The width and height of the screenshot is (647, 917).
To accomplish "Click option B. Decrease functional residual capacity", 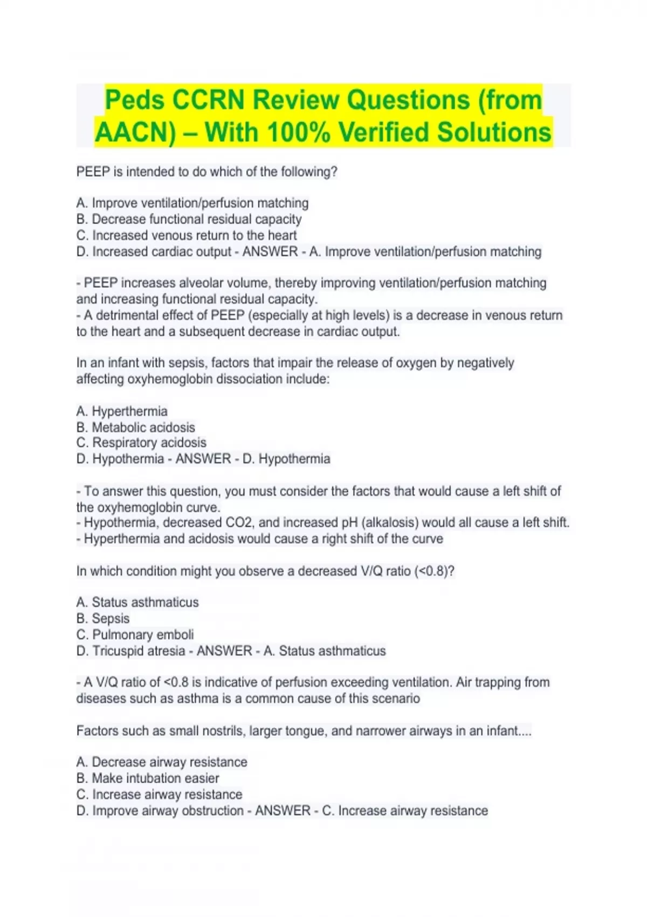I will coord(189,220).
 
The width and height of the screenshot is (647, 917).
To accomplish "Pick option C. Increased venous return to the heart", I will coord(187,236).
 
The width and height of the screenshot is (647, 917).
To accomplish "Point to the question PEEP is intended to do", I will coord(207,172).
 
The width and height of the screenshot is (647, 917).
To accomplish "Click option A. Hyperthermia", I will coord(122,411).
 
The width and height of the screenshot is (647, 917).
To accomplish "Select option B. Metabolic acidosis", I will coord(135,427).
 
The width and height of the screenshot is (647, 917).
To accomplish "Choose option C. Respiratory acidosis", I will coord(141,443).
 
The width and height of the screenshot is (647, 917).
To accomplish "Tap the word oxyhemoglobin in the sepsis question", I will coord(169,379).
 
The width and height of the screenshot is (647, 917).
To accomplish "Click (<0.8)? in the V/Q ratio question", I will coord(434,571).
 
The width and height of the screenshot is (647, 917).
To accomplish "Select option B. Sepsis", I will coord(103,618).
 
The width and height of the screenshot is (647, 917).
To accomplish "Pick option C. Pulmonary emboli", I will coord(135,634).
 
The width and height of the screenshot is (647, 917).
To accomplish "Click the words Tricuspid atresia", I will coord(139,651).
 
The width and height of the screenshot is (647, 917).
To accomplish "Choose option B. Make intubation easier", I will coord(148,778).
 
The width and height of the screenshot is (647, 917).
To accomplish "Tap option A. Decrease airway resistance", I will coord(162,762).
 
